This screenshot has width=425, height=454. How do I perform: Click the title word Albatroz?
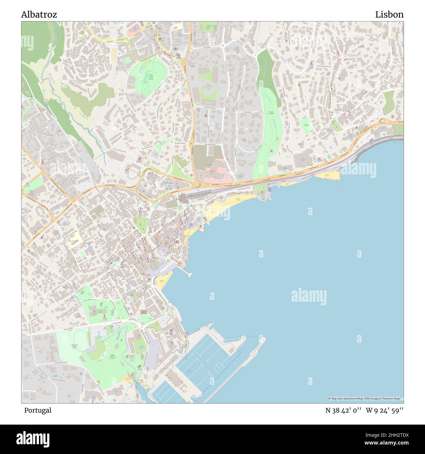(x=39, y=15)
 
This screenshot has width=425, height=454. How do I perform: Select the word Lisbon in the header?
(x=389, y=15)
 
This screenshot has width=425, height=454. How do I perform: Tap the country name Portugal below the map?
(x=38, y=410)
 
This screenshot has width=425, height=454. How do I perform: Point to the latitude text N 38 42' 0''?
(x=343, y=410)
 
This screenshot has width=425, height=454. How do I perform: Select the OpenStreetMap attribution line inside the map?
(x=365, y=398)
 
